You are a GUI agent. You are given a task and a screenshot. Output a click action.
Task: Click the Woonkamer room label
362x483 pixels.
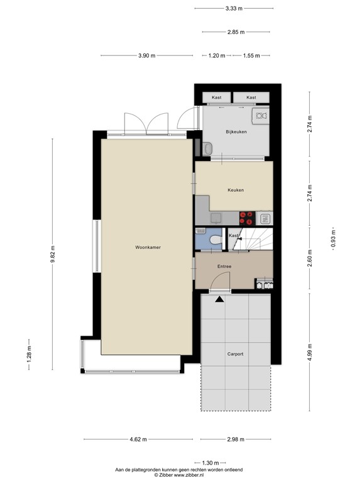click(148, 248)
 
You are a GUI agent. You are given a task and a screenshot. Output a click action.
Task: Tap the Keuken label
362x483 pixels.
click(236, 190)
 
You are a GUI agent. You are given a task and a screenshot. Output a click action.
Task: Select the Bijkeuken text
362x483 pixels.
click(236, 131)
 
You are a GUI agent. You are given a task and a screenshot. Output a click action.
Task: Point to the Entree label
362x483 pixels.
click(224, 267)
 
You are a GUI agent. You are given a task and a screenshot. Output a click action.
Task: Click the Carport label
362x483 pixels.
click(235, 354)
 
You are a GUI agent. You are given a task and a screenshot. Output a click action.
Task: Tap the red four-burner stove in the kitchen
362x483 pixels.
click(248, 218)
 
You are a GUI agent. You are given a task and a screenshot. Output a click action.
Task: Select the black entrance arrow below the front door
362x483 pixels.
click(219, 300)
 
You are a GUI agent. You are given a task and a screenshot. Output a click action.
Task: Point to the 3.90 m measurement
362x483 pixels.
click(146, 56)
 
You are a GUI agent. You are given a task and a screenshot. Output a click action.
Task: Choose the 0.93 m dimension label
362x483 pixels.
click(334, 239)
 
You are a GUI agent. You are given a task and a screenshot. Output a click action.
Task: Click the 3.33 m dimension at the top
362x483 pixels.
click(234, 9)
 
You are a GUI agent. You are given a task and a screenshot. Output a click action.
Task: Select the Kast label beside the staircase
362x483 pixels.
click(233, 235)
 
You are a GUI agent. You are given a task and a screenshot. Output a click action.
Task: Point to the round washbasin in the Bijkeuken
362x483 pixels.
click(208, 148)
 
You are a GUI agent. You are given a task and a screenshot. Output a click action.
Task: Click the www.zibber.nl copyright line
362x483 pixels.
click(180, 475)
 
